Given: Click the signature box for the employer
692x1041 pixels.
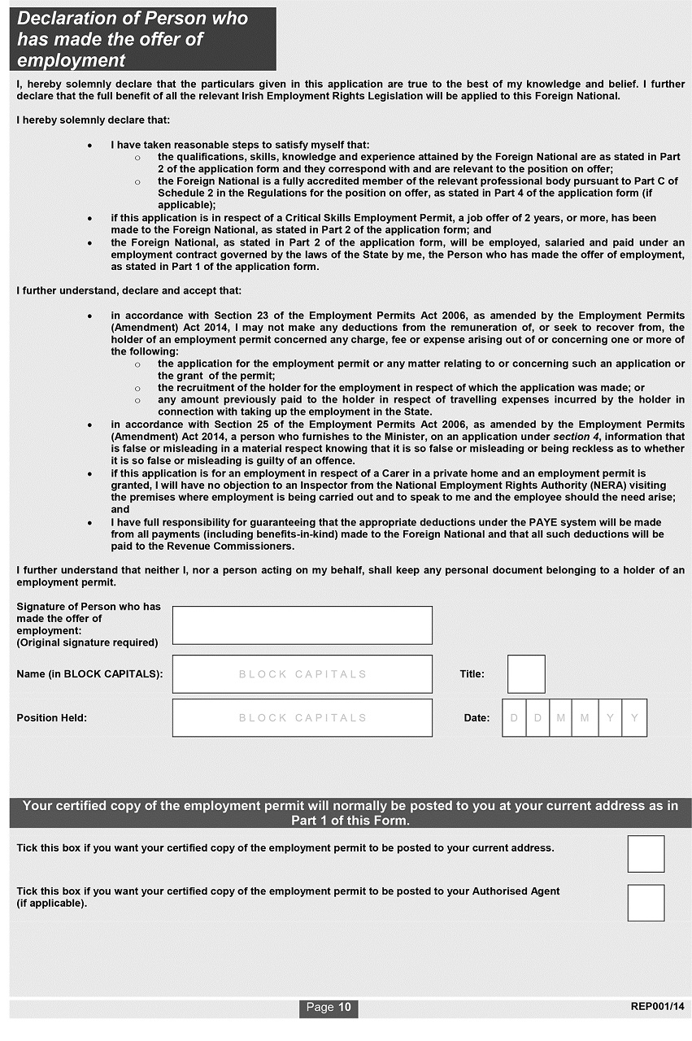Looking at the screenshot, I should pyautogui.click(x=302, y=625).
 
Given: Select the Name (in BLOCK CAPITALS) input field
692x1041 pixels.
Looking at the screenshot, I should pyautogui.click(x=302, y=674).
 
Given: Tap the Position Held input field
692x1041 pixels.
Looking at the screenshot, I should pyautogui.click(x=302, y=718).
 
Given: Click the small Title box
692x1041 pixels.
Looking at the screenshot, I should pyautogui.click(x=526, y=674).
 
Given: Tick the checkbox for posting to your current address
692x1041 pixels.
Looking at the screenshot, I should pyautogui.click(x=646, y=853).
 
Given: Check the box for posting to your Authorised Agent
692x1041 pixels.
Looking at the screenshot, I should pyautogui.click(x=646, y=903).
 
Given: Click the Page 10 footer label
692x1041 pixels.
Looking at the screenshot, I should pyautogui.click(x=329, y=1008).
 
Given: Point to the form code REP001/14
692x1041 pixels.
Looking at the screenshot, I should pyautogui.click(x=657, y=1007).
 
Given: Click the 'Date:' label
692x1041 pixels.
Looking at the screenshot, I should pyautogui.click(x=477, y=718).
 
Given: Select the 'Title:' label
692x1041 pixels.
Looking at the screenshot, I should pyautogui.click(x=472, y=674).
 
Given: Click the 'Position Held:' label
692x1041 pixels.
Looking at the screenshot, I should pyautogui.click(x=51, y=718).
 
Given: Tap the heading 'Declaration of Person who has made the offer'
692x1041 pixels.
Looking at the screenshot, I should pyautogui.click(x=133, y=39).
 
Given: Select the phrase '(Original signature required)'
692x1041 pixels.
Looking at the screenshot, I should pyautogui.click(x=87, y=643).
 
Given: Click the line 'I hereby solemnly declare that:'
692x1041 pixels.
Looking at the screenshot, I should pyautogui.click(x=94, y=120).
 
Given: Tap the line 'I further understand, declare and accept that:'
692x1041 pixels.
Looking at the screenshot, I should pyautogui.click(x=128, y=290).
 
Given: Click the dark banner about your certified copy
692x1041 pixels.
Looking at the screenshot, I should pyautogui.click(x=350, y=813).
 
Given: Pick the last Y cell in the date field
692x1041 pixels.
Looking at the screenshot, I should pyautogui.click(x=634, y=718).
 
